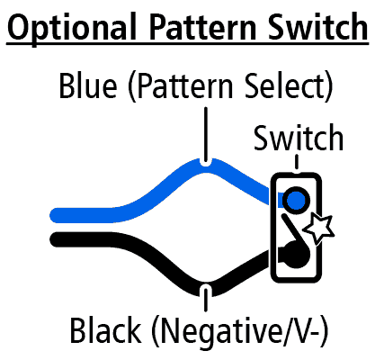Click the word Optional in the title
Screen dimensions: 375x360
pyautogui.click(x=72, y=29)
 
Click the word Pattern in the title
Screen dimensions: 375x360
pyautogui.click(x=203, y=27)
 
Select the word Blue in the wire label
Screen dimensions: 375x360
pyautogui.click(x=88, y=85)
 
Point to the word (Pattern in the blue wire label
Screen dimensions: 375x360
pyautogui.click(x=181, y=86)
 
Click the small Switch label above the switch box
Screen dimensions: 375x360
pyautogui.click(x=299, y=138)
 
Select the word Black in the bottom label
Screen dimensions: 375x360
pyautogui.click(x=105, y=330)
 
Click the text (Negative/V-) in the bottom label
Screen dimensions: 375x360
pyautogui.click(x=239, y=332)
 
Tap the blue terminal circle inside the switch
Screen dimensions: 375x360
pyautogui.click(x=296, y=200)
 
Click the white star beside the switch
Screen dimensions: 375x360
pyautogui.click(x=318, y=228)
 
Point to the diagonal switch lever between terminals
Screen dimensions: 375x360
pyautogui.click(x=295, y=229)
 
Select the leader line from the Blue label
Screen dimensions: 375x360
pyautogui.click(x=205, y=135)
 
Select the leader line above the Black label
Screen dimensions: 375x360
pyautogui.click(x=205, y=299)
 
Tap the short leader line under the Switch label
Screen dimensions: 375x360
pyautogui.click(x=297, y=162)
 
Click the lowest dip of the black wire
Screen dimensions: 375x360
pyautogui.click(x=206, y=289)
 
